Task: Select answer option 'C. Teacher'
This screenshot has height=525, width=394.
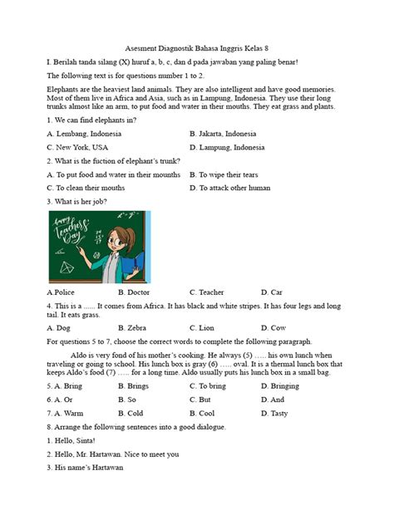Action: pyautogui.click(x=206, y=292)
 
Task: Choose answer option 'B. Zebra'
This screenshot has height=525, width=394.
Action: pyautogui.click(x=132, y=328)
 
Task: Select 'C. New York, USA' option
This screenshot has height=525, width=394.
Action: pyautogui.click(x=78, y=147)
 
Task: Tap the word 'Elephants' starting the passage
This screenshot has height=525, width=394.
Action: pyautogui.click(x=66, y=89)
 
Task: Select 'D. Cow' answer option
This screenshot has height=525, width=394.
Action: pyautogui.click(x=273, y=328)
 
